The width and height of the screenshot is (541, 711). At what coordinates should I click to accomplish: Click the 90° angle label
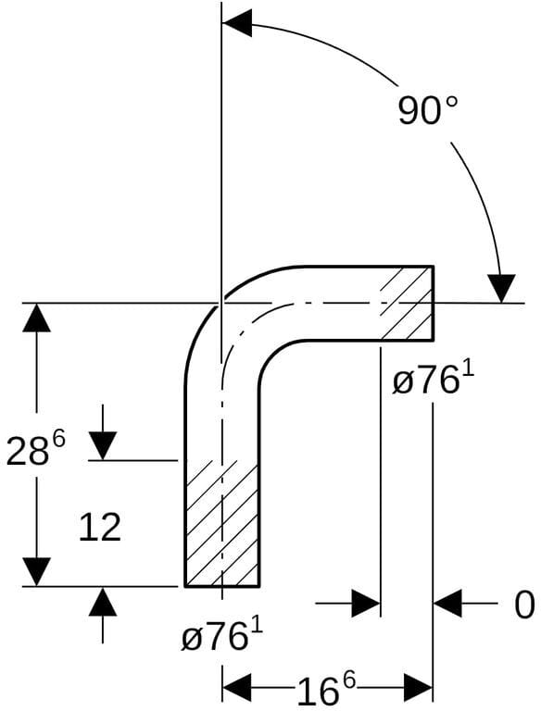click(428, 111)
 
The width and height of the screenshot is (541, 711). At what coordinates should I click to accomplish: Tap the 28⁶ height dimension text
click(36, 449)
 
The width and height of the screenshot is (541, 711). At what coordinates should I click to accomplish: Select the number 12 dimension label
click(100, 527)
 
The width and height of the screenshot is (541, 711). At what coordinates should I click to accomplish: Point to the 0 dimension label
click(524, 605)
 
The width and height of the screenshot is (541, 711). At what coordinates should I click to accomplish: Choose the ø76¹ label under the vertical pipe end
click(222, 635)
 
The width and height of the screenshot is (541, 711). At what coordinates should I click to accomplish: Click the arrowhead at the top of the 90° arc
click(238, 23)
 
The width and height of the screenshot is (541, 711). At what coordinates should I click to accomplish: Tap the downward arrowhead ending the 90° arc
click(500, 289)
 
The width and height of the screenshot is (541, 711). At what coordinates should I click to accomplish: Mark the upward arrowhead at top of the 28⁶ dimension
click(37, 318)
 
